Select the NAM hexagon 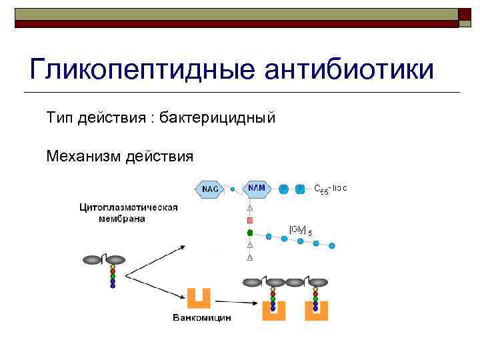pyautogui.click(x=256, y=189)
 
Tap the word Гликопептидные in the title pyautogui.click(x=137, y=69)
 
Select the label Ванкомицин pyautogui.click(x=201, y=318)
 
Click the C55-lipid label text pyautogui.click(x=331, y=189)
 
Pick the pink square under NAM pyautogui.click(x=250, y=220)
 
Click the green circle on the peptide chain pyautogui.click(x=250, y=233)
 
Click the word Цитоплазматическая pyautogui.click(x=128, y=207)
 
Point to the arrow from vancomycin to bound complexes pyautogui.click(x=240, y=301)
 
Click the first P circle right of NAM pyautogui.click(x=283, y=189)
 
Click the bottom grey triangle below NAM pyautogui.click(x=250, y=257)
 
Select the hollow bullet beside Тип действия pyautogui.click(x=37, y=119)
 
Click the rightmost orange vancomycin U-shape pyautogui.click(x=317, y=309)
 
